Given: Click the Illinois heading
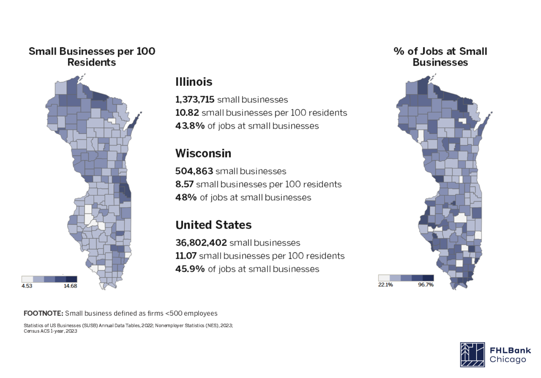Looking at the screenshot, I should click(194, 82).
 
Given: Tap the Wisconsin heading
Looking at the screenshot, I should click(203, 153).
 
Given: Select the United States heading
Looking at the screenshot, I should click(214, 225).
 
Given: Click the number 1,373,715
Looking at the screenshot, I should click(195, 100).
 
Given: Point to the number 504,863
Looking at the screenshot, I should click(194, 171).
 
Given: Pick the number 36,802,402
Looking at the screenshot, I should click(201, 243).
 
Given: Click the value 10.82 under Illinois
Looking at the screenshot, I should click(187, 113).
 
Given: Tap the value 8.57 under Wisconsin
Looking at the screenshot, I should click(184, 184).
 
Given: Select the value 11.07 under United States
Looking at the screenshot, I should click(186, 256).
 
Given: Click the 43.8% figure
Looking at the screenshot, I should click(190, 126).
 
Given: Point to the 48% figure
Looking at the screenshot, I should click(186, 198).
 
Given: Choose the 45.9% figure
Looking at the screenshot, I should click(190, 269).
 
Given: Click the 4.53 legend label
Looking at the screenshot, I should click(27, 286).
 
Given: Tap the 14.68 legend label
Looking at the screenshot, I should click(70, 286).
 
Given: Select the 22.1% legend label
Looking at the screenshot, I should click(385, 285).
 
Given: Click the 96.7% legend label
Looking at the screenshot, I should click(426, 285).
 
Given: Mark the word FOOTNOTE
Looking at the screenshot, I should click(43, 313).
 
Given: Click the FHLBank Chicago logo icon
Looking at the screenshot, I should click(472, 355).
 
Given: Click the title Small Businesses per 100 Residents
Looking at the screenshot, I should click(92, 57).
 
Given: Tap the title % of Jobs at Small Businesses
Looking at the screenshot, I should click(440, 57).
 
